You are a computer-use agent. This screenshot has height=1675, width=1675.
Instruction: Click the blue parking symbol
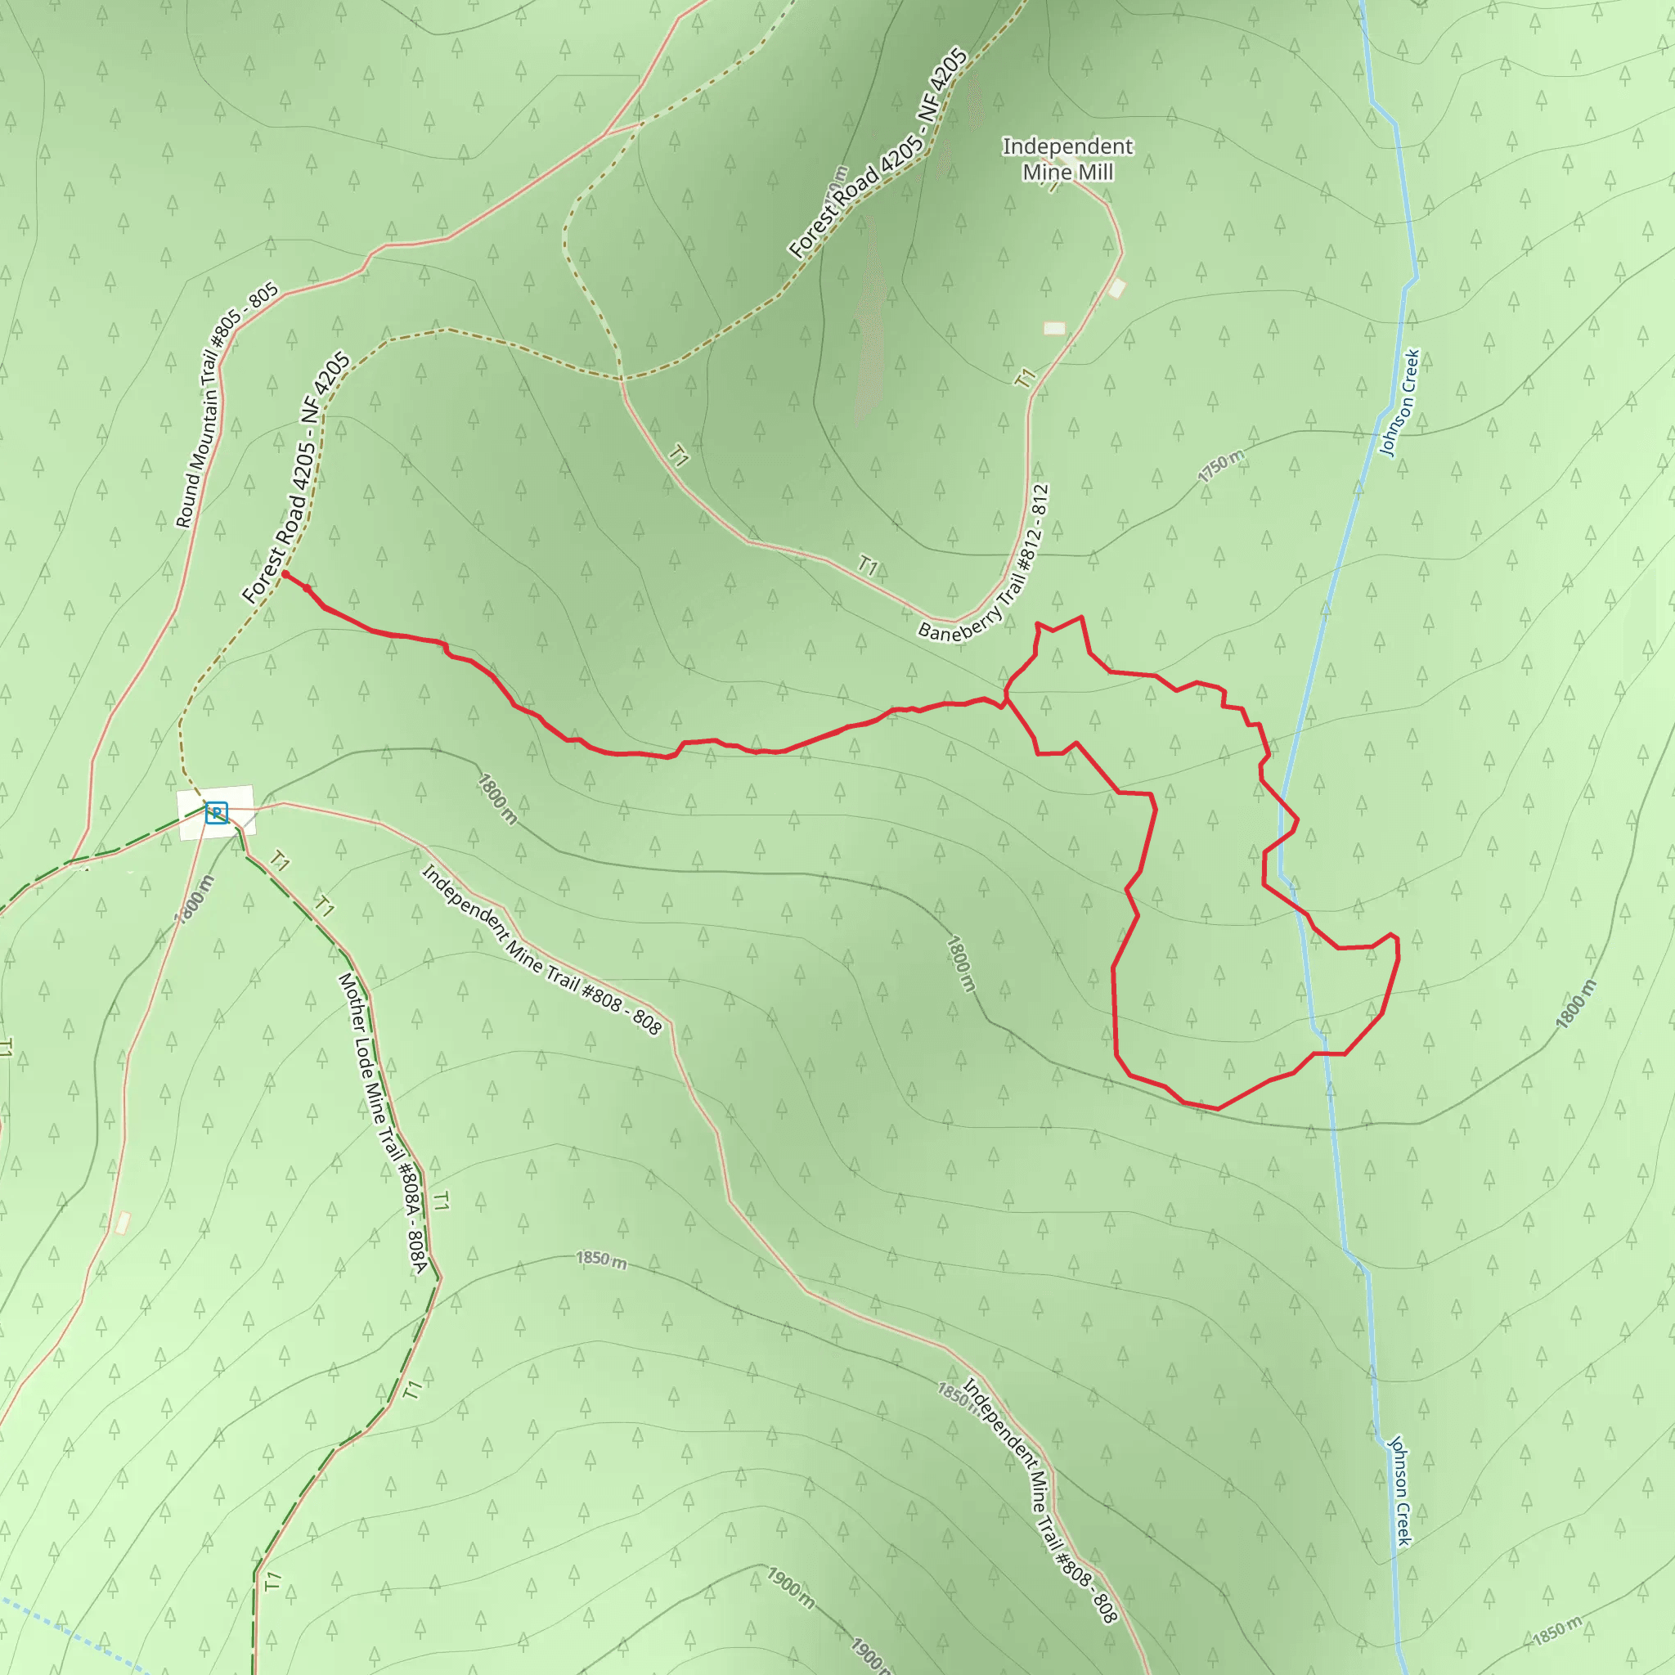(216, 812)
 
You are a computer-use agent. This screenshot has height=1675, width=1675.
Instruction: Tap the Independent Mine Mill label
(1067, 159)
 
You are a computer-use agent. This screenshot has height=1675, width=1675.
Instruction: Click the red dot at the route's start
(285, 574)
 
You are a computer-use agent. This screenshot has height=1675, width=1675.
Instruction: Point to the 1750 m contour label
(1221, 466)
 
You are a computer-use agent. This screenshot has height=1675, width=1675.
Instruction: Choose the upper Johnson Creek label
(1399, 402)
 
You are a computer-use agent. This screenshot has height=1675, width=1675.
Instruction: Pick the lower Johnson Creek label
(1399, 1489)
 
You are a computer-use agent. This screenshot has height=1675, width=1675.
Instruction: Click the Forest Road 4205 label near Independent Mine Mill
(878, 154)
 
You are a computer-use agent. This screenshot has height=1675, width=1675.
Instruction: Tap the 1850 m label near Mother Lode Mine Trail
(601, 1259)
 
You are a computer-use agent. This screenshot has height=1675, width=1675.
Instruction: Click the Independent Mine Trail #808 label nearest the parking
(541, 950)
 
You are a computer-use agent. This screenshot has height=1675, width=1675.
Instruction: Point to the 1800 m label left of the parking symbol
(193, 900)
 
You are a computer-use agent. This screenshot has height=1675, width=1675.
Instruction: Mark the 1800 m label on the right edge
(1575, 1005)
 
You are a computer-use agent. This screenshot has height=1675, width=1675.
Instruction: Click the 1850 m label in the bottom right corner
(1557, 1631)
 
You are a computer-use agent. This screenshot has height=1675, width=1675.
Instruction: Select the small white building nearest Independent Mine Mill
(1116, 288)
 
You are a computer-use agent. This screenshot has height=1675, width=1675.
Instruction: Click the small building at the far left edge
(122, 1223)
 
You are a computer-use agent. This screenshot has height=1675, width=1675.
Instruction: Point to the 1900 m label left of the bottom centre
(790, 1587)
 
